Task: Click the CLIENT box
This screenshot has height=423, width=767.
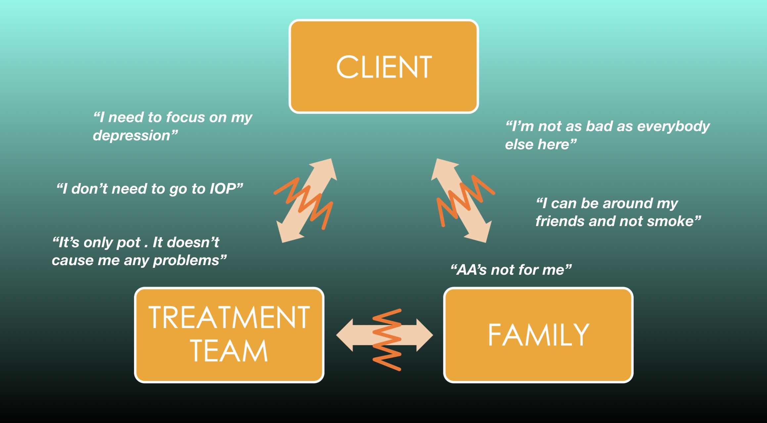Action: (x=384, y=66)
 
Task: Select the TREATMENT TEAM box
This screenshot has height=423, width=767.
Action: (x=229, y=335)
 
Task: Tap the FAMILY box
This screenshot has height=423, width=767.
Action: (x=538, y=335)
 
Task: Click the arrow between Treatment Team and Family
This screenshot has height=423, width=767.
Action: (x=384, y=335)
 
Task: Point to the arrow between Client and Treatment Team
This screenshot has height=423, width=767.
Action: (x=307, y=200)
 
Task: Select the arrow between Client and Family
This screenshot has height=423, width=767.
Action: (x=461, y=200)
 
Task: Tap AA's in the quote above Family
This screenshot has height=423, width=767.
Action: (x=472, y=270)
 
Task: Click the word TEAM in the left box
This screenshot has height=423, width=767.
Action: (x=229, y=351)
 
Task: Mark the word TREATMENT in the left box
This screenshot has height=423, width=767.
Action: (x=229, y=317)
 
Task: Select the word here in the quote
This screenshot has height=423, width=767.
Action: (x=553, y=145)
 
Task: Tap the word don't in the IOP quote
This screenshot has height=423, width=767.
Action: (x=89, y=189)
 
